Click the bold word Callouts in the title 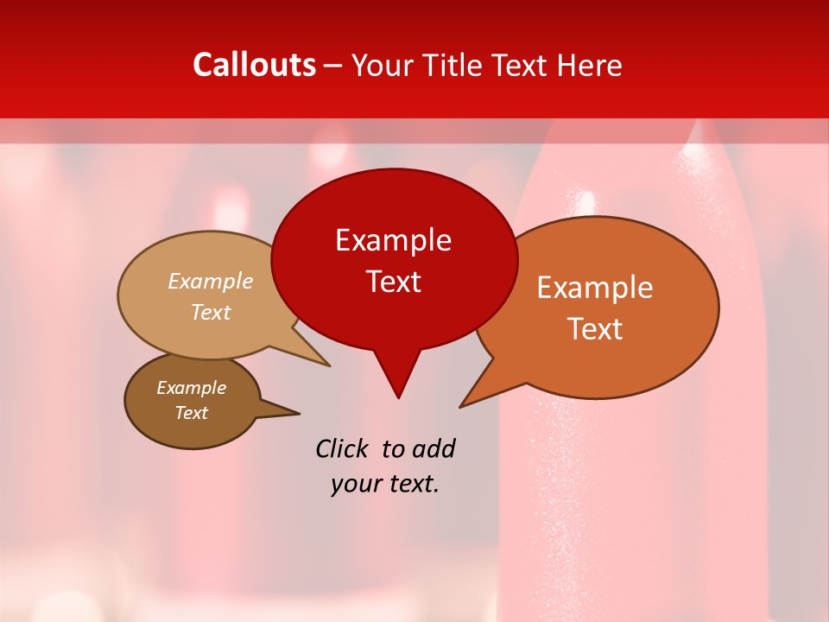pyautogui.click(x=254, y=65)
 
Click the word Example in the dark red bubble pyautogui.click(x=393, y=240)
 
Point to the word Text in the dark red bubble pyautogui.click(x=393, y=282)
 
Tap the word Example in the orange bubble pyautogui.click(x=595, y=288)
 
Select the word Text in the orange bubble pyautogui.click(x=595, y=329)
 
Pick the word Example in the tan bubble pyautogui.click(x=211, y=281)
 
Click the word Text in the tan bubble pyautogui.click(x=211, y=312)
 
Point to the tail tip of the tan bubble pyautogui.click(x=328, y=365)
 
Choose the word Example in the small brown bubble pyautogui.click(x=191, y=388)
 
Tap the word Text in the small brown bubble pyautogui.click(x=191, y=413)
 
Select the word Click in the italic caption pyautogui.click(x=342, y=448)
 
